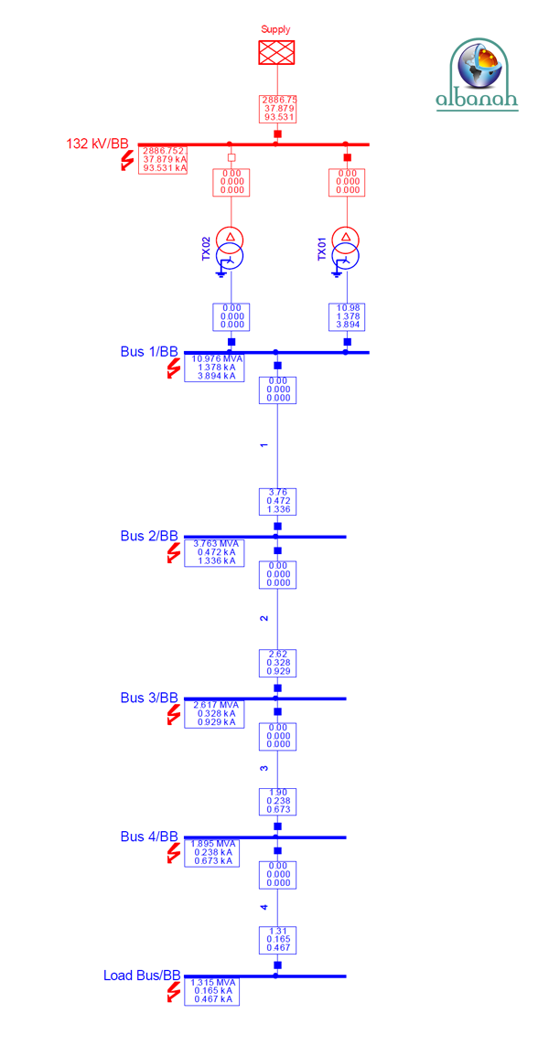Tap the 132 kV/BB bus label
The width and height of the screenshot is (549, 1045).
97,144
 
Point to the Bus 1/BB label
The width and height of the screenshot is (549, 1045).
149,352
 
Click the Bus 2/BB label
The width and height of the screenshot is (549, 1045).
149,536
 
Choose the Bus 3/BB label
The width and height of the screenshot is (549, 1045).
149,698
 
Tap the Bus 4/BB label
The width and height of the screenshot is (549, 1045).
149,837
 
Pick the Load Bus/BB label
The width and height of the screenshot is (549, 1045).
142,976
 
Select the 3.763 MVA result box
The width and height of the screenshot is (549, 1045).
212,552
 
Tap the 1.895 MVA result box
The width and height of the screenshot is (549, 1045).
212,852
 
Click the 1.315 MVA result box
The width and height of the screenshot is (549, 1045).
212,991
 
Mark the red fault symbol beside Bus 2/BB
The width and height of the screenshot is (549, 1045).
173,553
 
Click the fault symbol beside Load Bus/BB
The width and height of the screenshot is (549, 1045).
173,992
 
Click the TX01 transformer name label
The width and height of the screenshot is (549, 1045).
322,249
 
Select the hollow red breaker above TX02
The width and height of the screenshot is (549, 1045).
231,157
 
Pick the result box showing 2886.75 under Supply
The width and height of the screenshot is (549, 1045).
278,109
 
